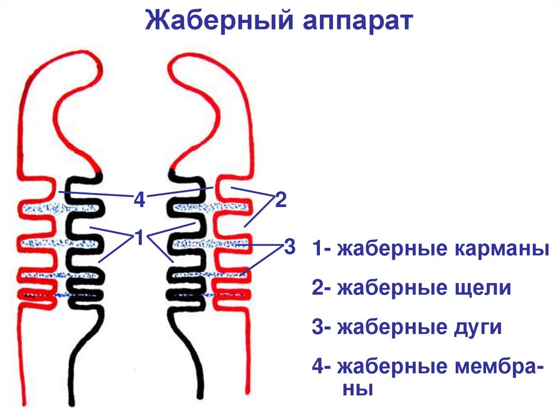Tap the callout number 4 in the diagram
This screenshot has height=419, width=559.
pos(140,200)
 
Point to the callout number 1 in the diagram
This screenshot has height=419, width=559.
pos(140,238)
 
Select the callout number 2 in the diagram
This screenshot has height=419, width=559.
pos(281,200)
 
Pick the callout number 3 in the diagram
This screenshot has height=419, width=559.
pos(289,247)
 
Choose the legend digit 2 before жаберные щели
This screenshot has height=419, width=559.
pos(318,288)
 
